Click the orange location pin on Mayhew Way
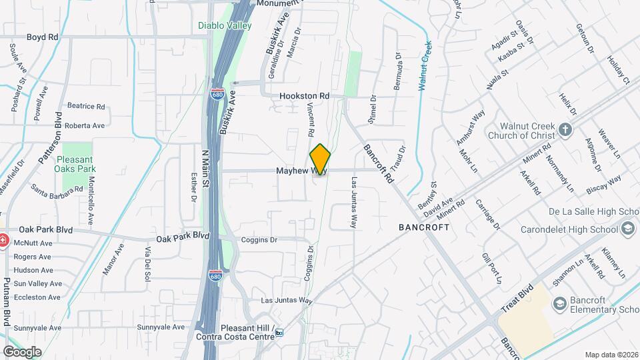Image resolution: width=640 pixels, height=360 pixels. pyautogui.click(x=320, y=159)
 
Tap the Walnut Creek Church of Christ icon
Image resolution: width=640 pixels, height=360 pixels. pyautogui.click(x=565, y=129)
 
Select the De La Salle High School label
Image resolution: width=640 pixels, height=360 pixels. pyautogui.click(x=587, y=212)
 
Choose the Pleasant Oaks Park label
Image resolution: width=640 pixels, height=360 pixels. pyautogui.click(x=82, y=164)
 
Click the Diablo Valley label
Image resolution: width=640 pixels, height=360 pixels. pyautogui.click(x=225, y=26)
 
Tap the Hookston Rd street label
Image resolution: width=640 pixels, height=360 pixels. pyautogui.click(x=305, y=96)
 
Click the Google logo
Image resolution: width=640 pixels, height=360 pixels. pyautogui.click(x=21, y=351)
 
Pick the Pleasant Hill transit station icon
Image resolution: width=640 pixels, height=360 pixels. pyautogui.click(x=279, y=332)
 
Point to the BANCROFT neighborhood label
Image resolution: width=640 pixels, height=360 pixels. pyautogui.click(x=424, y=227)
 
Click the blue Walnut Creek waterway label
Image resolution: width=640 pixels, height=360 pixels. pyautogui.click(x=425, y=65)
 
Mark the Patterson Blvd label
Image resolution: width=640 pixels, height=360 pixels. pyautogui.click(x=51, y=142)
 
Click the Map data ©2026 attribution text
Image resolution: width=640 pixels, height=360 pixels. pyautogui.click(x=612, y=355)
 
